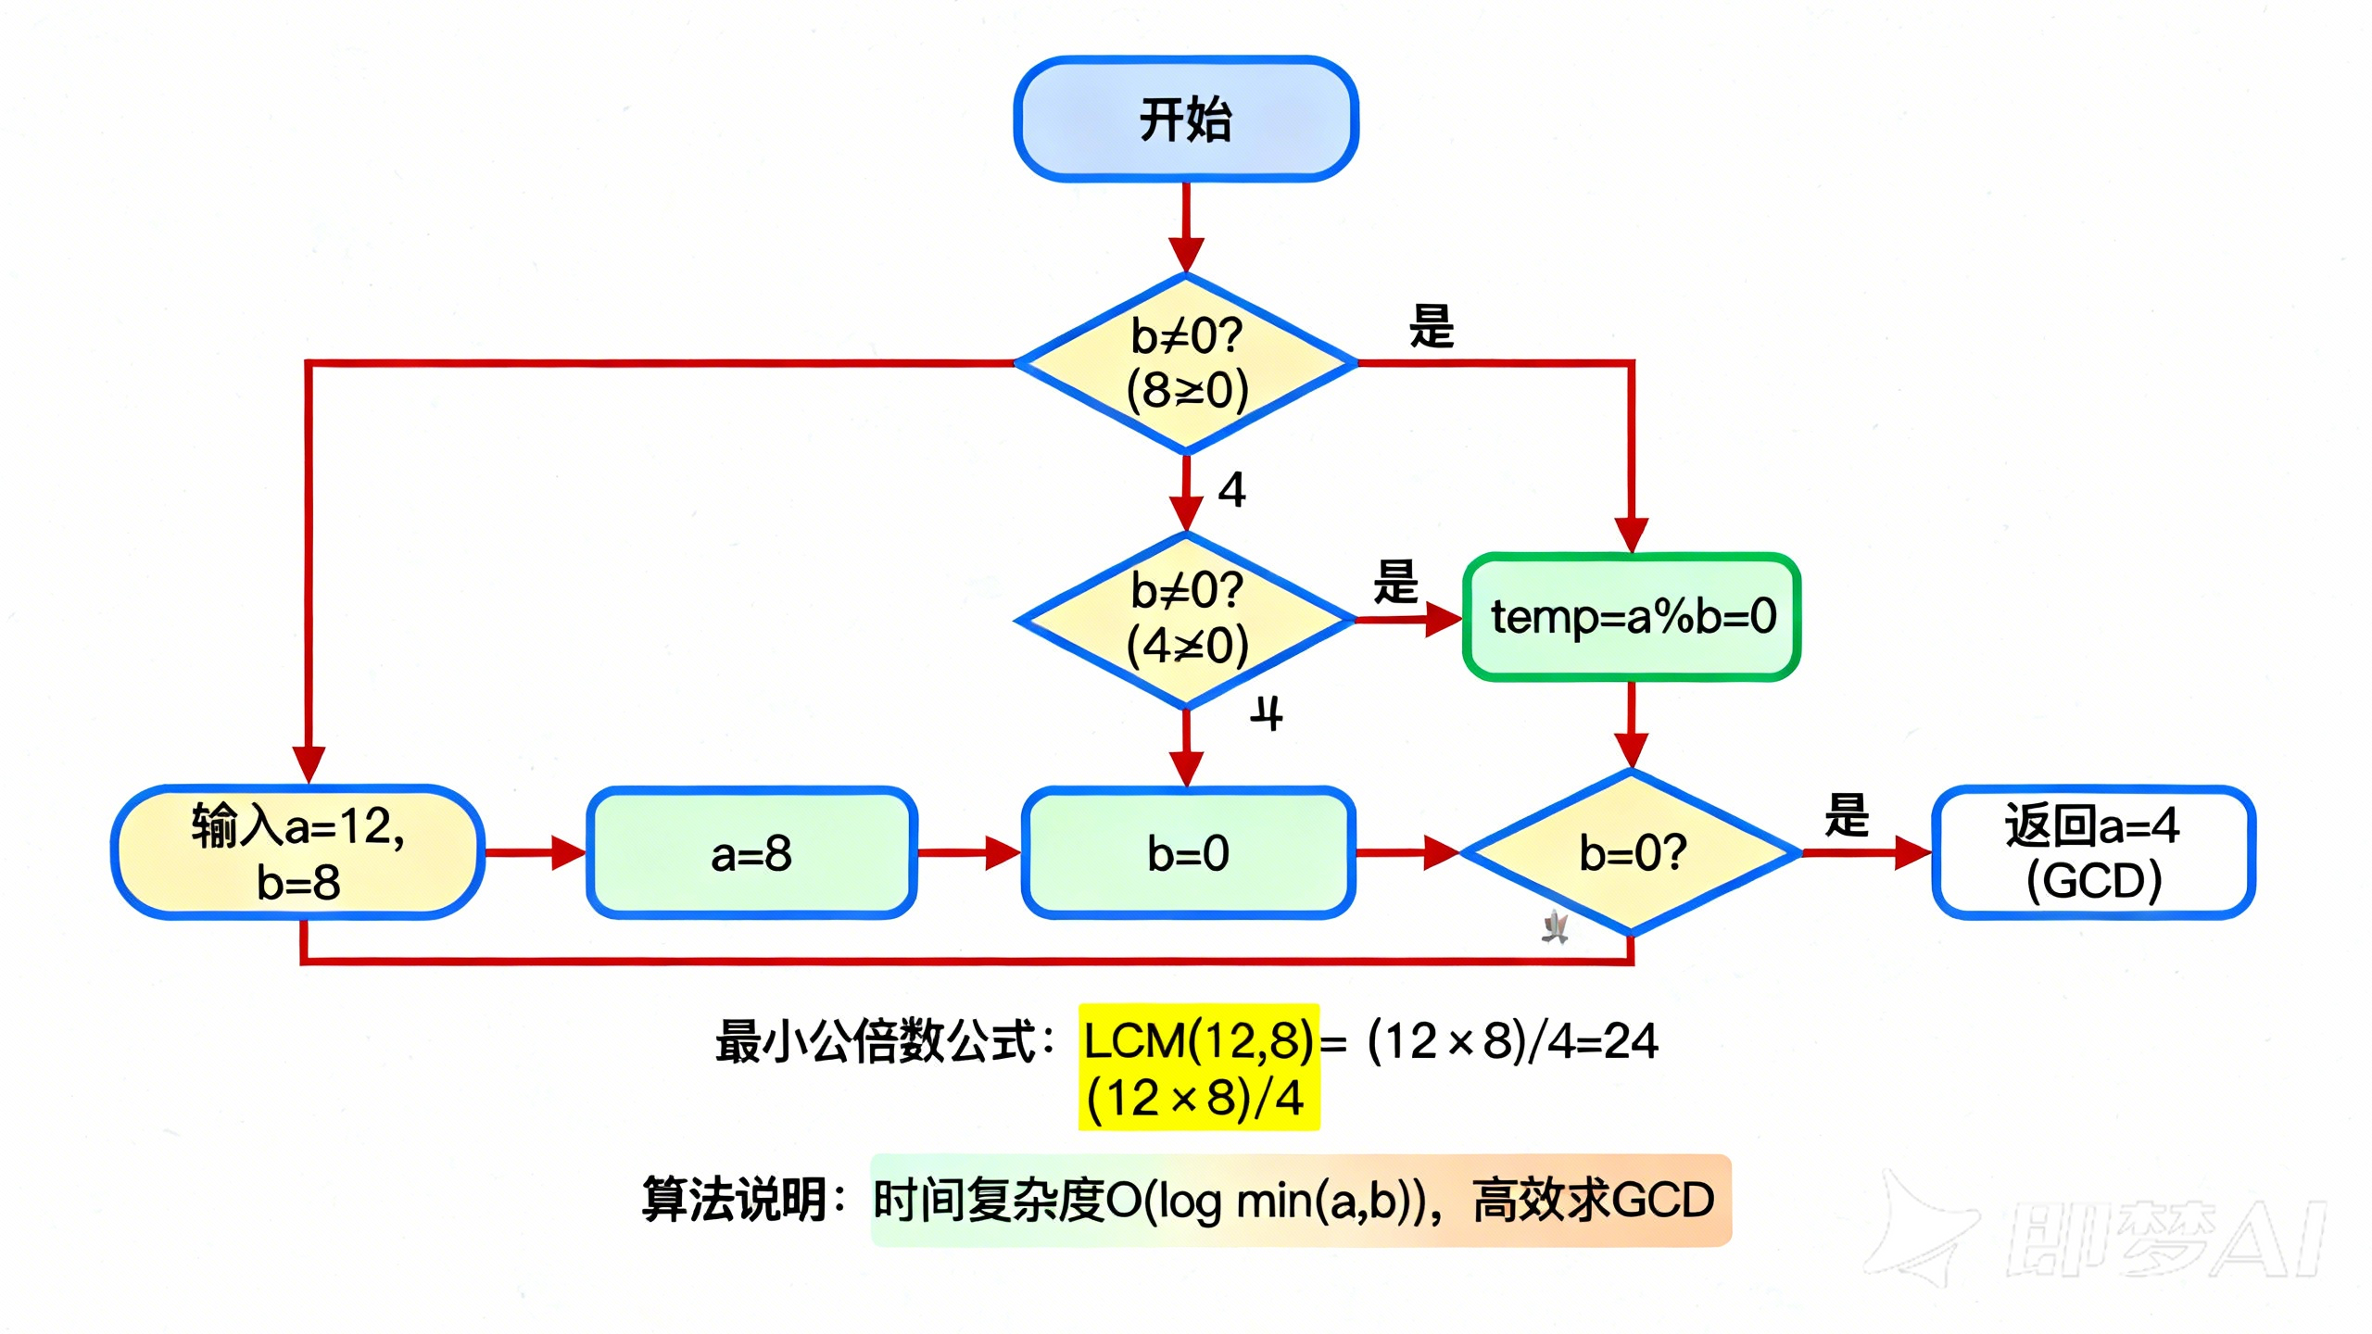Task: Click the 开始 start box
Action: [x=1185, y=119]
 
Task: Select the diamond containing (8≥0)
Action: [x=1186, y=363]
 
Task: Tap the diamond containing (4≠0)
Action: [x=1186, y=619]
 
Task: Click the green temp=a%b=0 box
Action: [x=1631, y=617]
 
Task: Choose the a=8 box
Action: [x=751, y=852]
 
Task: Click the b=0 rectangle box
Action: [x=1188, y=852]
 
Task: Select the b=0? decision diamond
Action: [x=1631, y=852]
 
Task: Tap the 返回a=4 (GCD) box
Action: [x=2093, y=852]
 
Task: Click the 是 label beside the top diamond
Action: [x=1432, y=326]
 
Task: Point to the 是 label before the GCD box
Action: [x=1846, y=815]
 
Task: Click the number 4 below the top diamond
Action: [x=1231, y=489]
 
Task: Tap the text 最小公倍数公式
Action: [x=876, y=1040]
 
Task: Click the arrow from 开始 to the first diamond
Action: [x=1185, y=227]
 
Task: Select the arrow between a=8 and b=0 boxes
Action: [x=968, y=852]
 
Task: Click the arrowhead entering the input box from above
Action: [x=309, y=765]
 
